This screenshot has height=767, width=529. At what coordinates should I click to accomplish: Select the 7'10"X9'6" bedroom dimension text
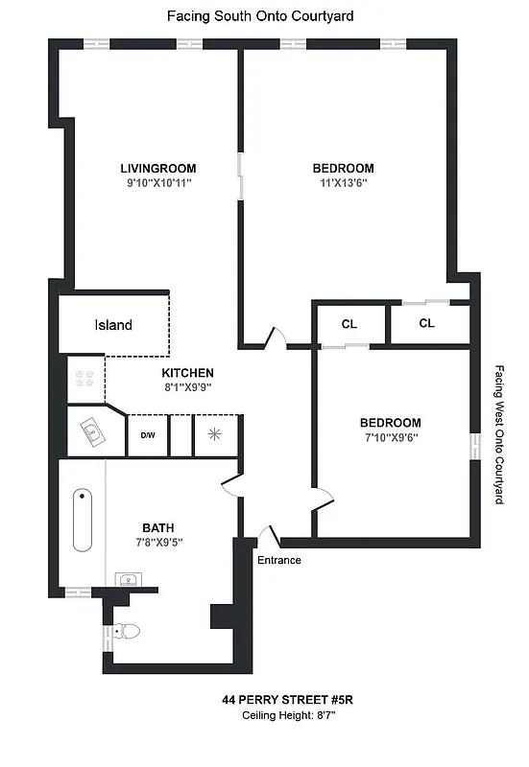coord(390,437)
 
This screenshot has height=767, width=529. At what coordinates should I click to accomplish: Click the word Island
coord(113,325)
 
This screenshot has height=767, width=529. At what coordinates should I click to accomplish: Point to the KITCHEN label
coord(187,373)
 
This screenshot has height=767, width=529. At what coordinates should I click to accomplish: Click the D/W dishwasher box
coord(148,435)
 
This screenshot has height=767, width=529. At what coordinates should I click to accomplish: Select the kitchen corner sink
coord(93,432)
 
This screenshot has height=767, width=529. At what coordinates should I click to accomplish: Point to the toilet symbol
coord(128,631)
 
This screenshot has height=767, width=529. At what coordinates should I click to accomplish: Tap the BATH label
coord(158,527)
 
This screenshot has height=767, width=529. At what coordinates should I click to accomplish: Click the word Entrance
coord(278,561)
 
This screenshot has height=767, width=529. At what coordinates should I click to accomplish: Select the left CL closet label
coord(349,323)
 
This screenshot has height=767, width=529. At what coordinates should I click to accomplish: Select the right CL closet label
coord(426,323)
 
